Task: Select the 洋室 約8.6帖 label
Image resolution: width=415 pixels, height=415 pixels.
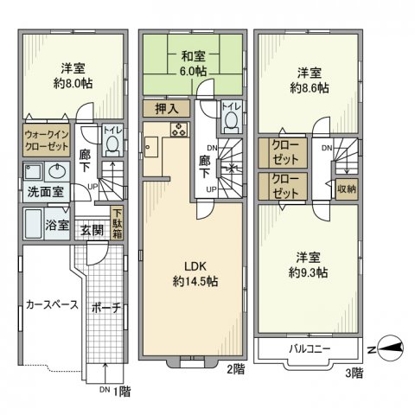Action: pyautogui.click(x=308, y=80)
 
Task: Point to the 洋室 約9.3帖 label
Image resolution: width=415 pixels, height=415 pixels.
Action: pyautogui.click(x=308, y=265)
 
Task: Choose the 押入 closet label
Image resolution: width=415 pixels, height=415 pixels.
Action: pyautogui.click(x=167, y=109)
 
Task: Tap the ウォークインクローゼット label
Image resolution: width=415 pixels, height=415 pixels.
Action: pyautogui.click(x=46, y=141)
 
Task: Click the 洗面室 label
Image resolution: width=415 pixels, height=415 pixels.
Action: pyautogui.click(x=42, y=192)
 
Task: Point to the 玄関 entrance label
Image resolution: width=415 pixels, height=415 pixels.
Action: pyautogui.click(x=93, y=230)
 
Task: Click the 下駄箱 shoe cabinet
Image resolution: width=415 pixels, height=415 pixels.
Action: pyautogui.click(x=116, y=224)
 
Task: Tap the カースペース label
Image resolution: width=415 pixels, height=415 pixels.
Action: pyautogui.click(x=52, y=305)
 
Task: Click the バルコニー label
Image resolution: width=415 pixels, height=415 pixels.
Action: pyautogui.click(x=309, y=348)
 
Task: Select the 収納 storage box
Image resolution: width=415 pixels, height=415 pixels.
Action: pyautogui.click(x=345, y=188)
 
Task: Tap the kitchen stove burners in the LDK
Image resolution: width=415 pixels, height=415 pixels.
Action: pyautogui.click(x=178, y=131)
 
